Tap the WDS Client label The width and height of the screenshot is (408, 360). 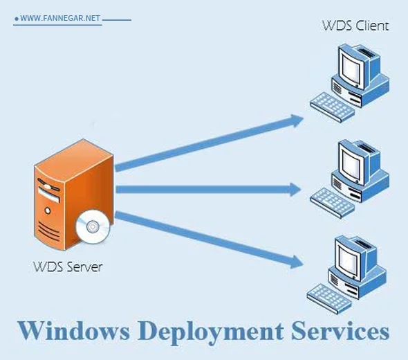click(x=355, y=26)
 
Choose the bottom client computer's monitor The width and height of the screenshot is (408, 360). click(x=353, y=256)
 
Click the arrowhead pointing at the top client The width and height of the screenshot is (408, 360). click(x=296, y=120)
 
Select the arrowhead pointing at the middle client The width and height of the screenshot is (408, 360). click(x=296, y=188)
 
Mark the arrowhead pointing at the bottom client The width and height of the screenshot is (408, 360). click(x=296, y=261)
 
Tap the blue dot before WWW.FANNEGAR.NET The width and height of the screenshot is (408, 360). click(x=16, y=19)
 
